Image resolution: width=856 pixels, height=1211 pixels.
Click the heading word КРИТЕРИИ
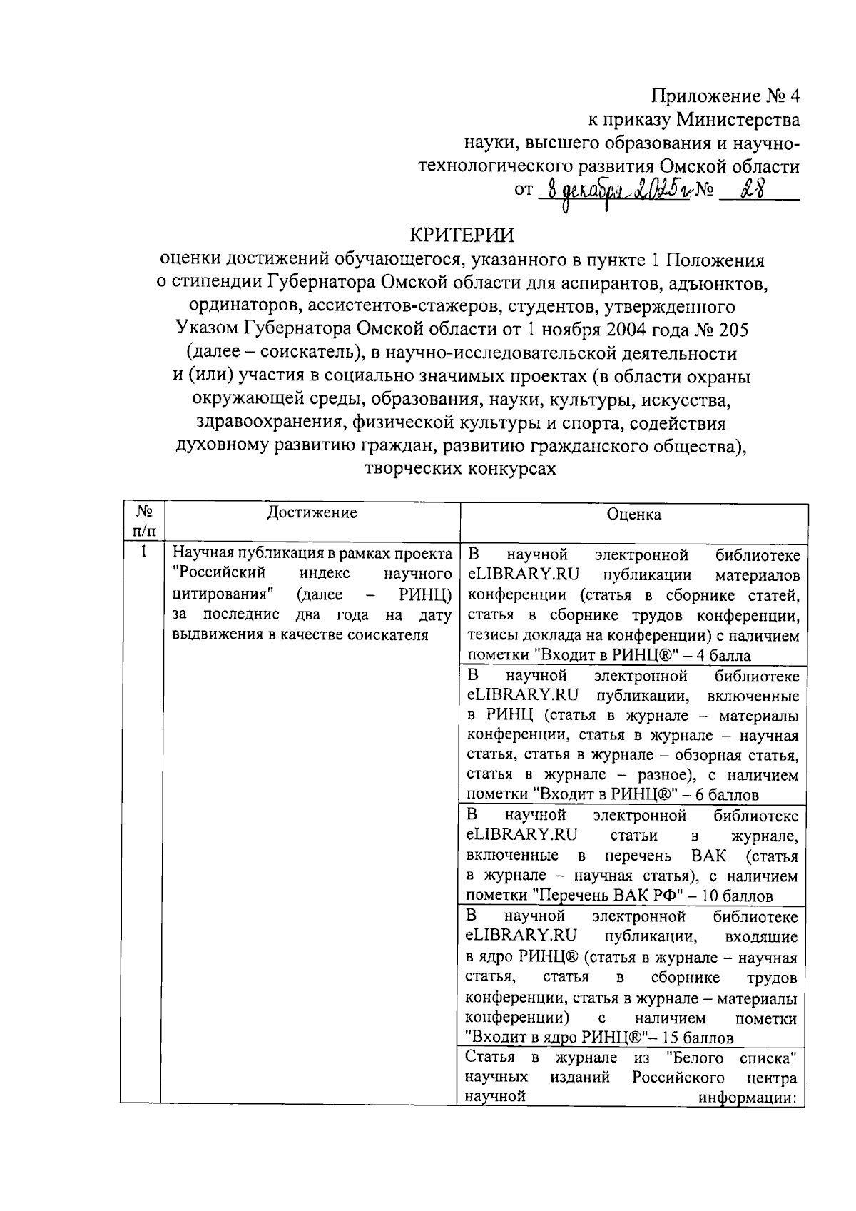pyautogui.click(x=461, y=236)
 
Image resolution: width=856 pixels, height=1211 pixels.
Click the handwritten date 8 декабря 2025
pyautogui.click(x=614, y=191)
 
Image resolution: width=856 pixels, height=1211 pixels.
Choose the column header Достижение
pyautogui.click(x=312, y=512)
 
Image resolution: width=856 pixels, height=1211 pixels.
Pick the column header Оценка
pyautogui.click(x=633, y=515)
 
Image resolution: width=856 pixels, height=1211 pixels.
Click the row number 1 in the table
pyautogui.click(x=143, y=552)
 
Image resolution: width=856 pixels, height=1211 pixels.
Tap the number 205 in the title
pyautogui.click(x=733, y=330)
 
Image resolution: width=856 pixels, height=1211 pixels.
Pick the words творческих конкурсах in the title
pyautogui.click(x=460, y=469)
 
